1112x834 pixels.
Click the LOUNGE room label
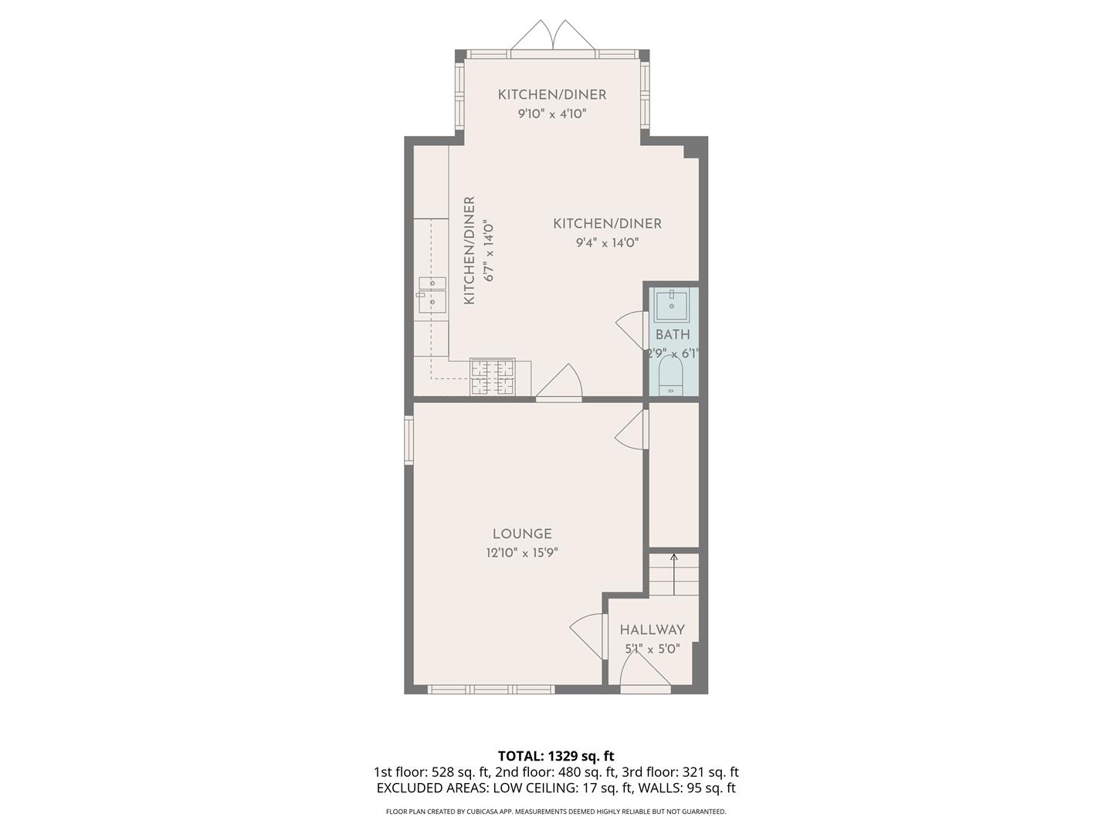pyautogui.click(x=522, y=534)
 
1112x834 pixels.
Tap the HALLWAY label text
pyautogui.click(x=652, y=629)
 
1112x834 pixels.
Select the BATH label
pyautogui.click(x=673, y=334)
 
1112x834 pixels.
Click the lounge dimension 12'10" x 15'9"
pyautogui.click(x=522, y=553)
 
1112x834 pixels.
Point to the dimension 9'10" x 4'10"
pyautogui.click(x=552, y=114)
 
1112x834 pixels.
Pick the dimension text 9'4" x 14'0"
pyautogui.click(x=607, y=242)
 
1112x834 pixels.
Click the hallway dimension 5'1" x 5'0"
pyautogui.click(x=652, y=649)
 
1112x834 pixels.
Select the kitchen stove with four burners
pyautogui.click(x=493, y=378)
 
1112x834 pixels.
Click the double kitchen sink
pyautogui.click(x=432, y=294)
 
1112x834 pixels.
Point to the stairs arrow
pyautogui.click(x=674, y=573)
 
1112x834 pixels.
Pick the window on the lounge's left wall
pyautogui.click(x=409, y=441)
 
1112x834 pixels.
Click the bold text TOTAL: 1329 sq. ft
pyautogui.click(x=556, y=755)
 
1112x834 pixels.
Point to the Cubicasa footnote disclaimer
pyautogui.click(x=556, y=812)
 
